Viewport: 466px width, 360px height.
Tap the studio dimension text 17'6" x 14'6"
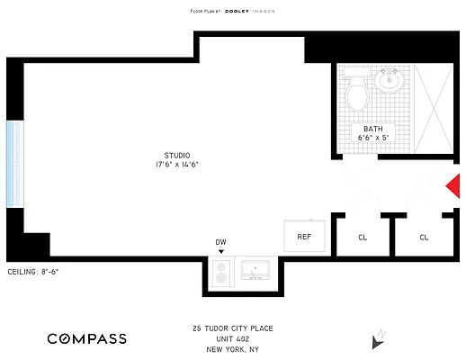[x=176, y=165]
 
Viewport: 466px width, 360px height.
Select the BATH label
[x=373, y=130]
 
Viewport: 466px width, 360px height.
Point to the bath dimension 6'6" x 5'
[x=373, y=139]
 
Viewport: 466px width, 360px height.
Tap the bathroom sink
[x=390, y=81]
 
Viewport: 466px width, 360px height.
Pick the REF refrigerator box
[x=304, y=237]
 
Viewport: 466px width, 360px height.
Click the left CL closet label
[x=363, y=238]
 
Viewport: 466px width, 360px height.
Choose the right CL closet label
[x=424, y=238]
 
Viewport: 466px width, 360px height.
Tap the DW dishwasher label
[x=221, y=242]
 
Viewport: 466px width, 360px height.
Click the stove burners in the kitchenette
[x=221, y=273]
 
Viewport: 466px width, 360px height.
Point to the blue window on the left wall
[x=13, y=164]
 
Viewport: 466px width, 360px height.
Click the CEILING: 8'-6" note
[x=32, y=271]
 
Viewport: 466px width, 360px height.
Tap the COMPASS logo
[x=87, y=338]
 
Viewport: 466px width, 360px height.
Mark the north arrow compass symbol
[x=377, y=340]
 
